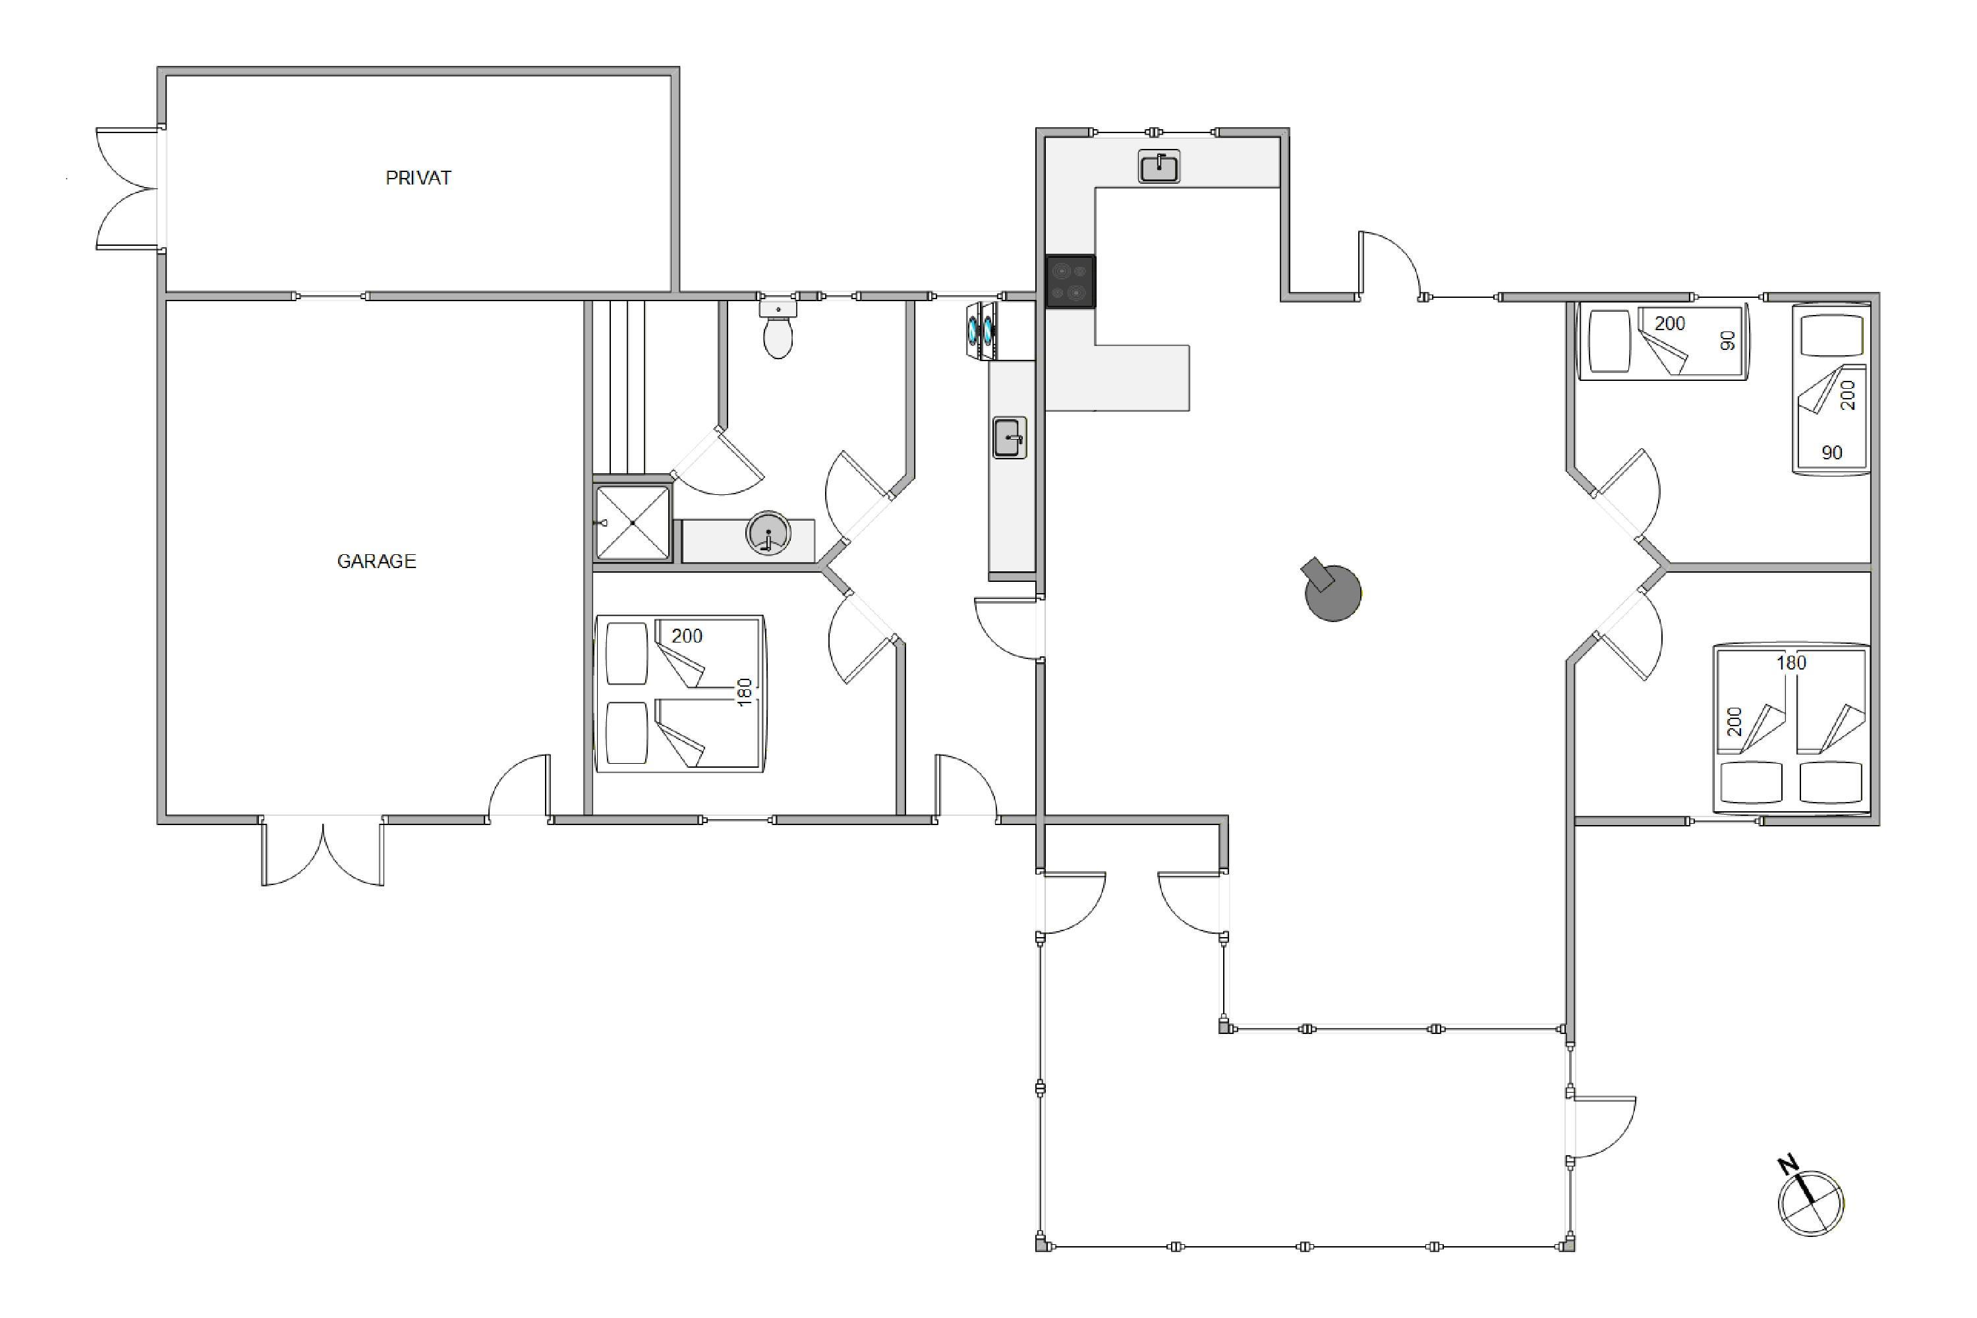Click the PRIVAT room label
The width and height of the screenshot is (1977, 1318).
click(x=418, y=178)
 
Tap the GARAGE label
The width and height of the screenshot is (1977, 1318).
click(x=376, y=561)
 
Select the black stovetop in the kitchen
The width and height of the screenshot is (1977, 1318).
click(x=1070, y=281)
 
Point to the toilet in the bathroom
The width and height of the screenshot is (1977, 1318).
click(x=778, y=329)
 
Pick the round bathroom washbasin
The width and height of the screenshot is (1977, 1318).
click(x=768, y=533)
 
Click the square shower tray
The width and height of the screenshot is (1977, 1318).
click(x=633, y=523)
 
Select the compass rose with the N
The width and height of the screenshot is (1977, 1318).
click(x=1809, y=1199)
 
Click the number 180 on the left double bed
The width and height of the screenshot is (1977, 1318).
click(x=744, y=693)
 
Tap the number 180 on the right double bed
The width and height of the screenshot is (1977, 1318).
click(x=1791, y=663)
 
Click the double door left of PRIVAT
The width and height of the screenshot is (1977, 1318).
click(x=129, y=189)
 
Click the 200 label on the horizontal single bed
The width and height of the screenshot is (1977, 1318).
click(x=1669, y=324)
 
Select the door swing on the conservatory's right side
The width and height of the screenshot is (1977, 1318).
click(x=1602, y=1127)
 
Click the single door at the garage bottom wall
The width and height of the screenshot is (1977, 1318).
click(x=519, y=787)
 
